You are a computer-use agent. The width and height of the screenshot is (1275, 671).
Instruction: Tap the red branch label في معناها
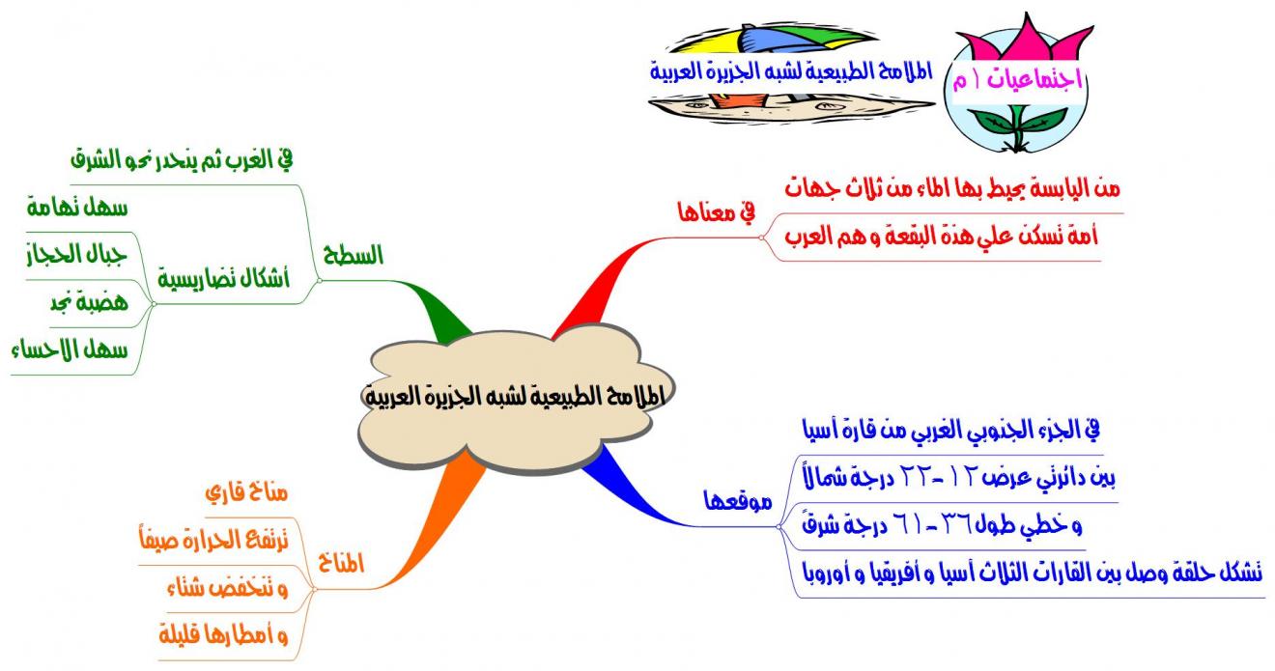tap(717, 212)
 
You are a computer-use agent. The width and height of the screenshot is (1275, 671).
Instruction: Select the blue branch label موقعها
tap(738, 501)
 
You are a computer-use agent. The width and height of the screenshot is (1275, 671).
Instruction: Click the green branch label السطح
tap(353, 255)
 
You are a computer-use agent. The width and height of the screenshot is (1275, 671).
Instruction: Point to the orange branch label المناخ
tap(340, 564)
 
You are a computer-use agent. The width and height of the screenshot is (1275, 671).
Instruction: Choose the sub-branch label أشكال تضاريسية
tap(224, 279)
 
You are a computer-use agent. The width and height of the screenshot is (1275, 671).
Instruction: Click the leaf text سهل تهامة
tap(77, 208)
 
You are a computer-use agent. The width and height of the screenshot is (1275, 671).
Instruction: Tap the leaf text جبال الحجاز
tap(76, 254)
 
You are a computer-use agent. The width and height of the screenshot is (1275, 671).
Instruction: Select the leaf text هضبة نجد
tap(89, 301)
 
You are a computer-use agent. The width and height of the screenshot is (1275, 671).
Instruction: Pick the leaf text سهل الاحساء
tap(70, 349)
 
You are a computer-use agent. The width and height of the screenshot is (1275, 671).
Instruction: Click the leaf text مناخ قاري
tap(246, 492)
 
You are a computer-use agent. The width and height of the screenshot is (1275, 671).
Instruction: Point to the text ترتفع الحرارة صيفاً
tap(214, 539)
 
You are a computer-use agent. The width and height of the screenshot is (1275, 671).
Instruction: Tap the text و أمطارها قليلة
tap(223, 634)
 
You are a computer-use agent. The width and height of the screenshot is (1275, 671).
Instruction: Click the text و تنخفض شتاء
tap(228, 587)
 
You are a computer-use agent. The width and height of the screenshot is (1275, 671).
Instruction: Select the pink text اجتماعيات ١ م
tap(1017, 79)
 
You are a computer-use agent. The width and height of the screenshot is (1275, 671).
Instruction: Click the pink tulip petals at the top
tap(1025, 39)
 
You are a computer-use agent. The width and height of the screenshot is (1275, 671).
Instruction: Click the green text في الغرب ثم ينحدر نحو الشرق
tap(182, 160)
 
